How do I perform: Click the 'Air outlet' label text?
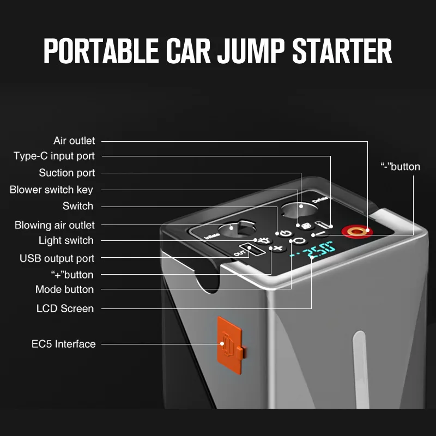[x=74, y=141]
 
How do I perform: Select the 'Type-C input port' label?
[x=54, y=156]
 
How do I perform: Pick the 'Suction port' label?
[x=67, y=173]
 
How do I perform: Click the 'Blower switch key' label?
[x=51, y=190]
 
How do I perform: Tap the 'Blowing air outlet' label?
[x=55, y=225]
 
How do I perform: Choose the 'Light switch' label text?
[x=66, y=240]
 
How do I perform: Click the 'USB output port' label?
[x=57, y=258]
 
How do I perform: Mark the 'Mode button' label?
[x=64, y=289]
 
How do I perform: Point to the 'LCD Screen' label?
[x=65, y=308]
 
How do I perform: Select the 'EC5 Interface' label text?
[x=63, y=344]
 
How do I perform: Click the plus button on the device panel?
[x=278, y=249]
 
